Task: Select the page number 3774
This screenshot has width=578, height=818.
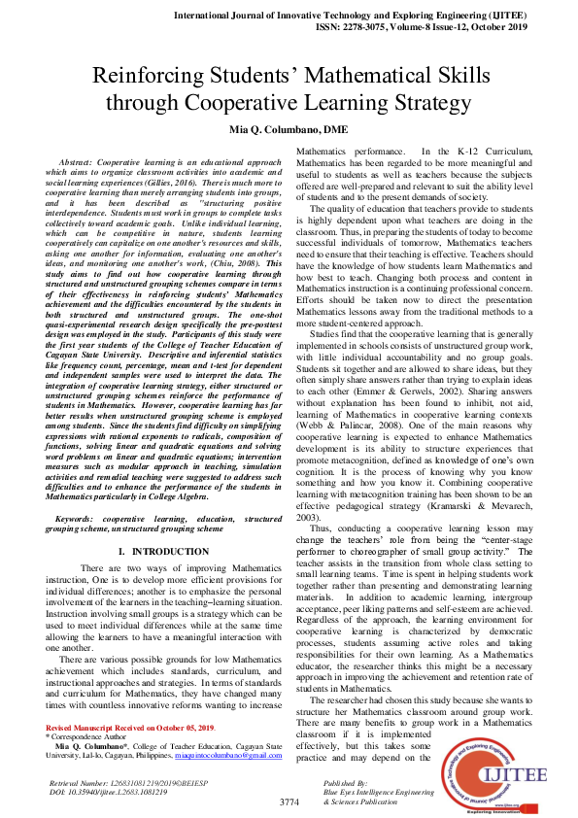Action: pyautogui.click(x=289, y=801)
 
